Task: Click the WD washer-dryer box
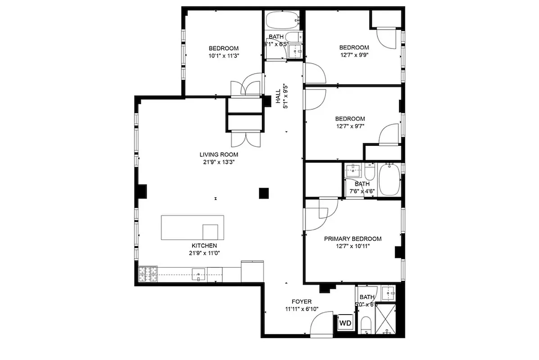click(x=345, y=323)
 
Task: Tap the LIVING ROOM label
click(x=220, y=154)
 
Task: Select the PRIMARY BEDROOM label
click(x=353, y=238)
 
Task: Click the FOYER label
click(x=301, y=301)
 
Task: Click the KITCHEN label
click(x=204, y=246)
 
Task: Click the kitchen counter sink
click(x=199, y=273)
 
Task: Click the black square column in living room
click(x=264, y=193)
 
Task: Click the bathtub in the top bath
click(x=282, y=20)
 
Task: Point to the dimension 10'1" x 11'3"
click(x=224, y=56)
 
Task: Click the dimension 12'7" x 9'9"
click(x=354, y=55)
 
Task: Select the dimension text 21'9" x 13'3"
click(x=220, y=162)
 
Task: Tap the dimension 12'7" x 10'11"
click(x=353, y=246)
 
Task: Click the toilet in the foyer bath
click(x=366, y=325)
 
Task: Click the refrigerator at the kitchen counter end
click(x=252, y=272)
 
